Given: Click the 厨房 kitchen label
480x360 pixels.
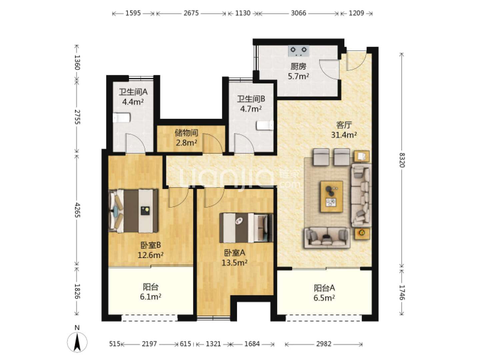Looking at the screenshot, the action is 298,66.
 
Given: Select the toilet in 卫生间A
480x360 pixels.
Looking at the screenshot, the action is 122,118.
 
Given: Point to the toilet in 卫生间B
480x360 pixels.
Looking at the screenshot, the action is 265,126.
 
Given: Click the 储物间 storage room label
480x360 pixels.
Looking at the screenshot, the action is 186,133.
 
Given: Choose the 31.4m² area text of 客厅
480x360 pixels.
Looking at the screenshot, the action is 344,135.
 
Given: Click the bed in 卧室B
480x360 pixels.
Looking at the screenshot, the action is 133,211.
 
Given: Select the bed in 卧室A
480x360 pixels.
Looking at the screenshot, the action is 246,228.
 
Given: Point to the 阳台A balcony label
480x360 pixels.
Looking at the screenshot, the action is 324,288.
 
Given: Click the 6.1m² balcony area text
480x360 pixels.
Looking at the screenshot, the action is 150,297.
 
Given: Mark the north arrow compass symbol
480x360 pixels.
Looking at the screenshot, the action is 77,342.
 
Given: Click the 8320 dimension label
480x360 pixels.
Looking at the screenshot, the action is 402,160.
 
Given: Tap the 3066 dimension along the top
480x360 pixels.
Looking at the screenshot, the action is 298,13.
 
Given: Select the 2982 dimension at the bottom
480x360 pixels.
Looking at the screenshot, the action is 324,344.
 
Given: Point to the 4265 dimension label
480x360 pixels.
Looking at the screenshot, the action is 77,210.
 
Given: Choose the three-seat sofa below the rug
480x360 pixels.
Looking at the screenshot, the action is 327,238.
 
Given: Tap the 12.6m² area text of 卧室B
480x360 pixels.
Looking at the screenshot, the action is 150,255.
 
